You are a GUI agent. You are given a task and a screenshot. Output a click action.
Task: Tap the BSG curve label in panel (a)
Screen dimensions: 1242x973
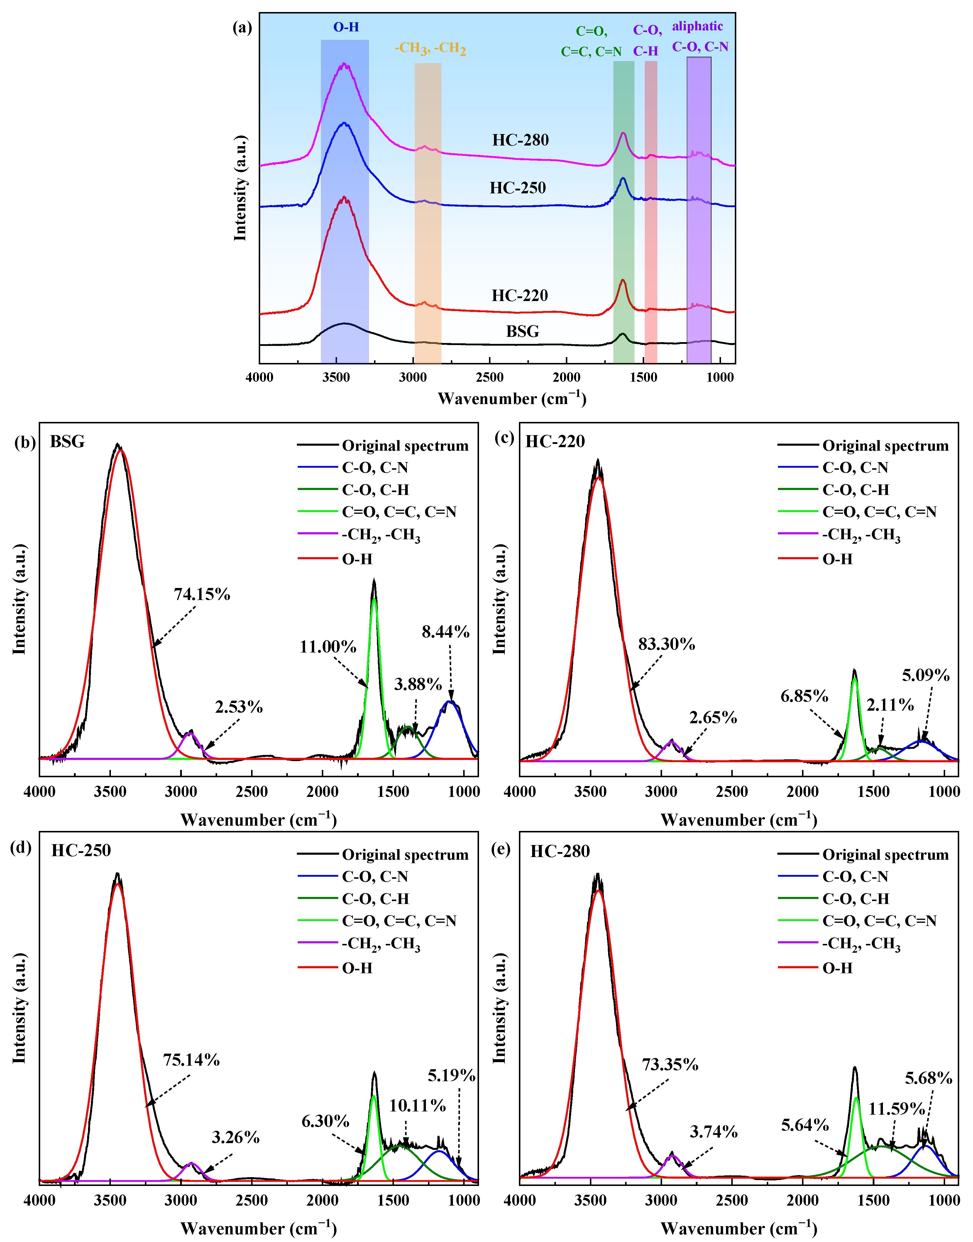522,332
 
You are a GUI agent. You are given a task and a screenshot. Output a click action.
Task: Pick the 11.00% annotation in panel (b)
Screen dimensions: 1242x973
328,647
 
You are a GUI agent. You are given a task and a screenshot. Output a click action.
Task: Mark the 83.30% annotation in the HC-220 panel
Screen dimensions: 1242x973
666,644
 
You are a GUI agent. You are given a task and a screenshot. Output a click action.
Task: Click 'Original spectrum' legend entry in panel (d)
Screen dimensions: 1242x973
405,855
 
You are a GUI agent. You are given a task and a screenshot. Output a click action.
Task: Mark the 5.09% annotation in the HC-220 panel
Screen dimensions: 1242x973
926,676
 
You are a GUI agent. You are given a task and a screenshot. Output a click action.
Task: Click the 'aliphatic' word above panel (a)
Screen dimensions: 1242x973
697,26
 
